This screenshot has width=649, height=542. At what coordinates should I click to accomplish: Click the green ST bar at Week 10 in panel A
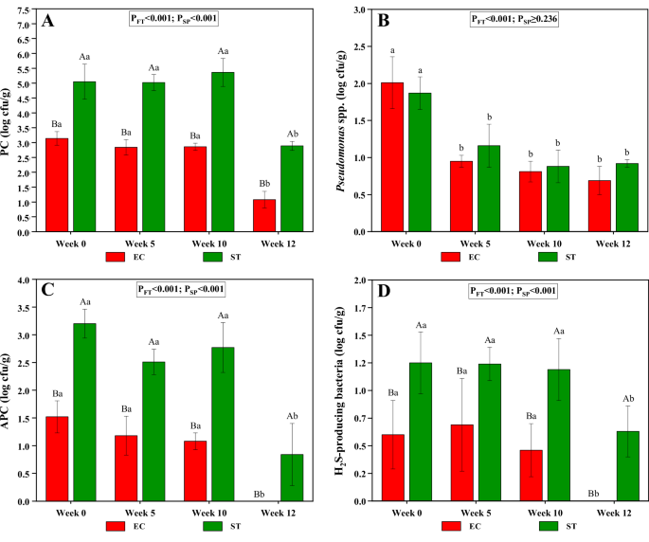tap(223, 152)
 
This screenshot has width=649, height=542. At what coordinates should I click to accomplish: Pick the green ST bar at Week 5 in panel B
tap(488, 189)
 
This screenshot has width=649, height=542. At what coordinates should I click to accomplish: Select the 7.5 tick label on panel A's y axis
tap(27, 10)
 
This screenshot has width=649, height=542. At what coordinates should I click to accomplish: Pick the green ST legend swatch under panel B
tap(548, 256)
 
